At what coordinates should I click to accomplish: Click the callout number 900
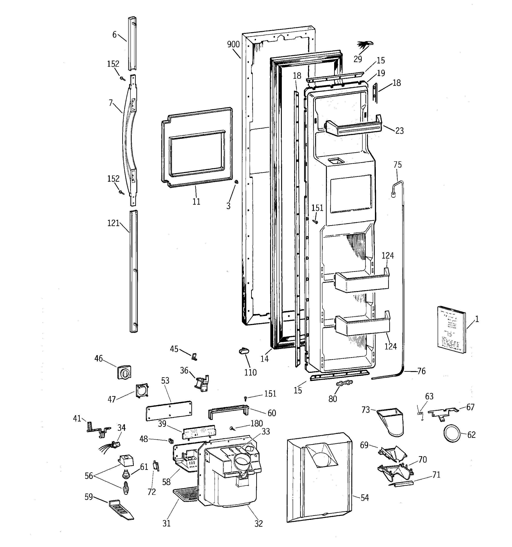coord(233,44)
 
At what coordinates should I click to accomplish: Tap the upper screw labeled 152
coord(122,79)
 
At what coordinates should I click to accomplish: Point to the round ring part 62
coord(452,435)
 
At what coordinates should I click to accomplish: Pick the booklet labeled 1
coord(452,329)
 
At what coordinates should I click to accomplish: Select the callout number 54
coord(365,497)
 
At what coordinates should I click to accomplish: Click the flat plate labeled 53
coord(168,411)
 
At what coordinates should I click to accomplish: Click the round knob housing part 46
coord(124,372)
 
